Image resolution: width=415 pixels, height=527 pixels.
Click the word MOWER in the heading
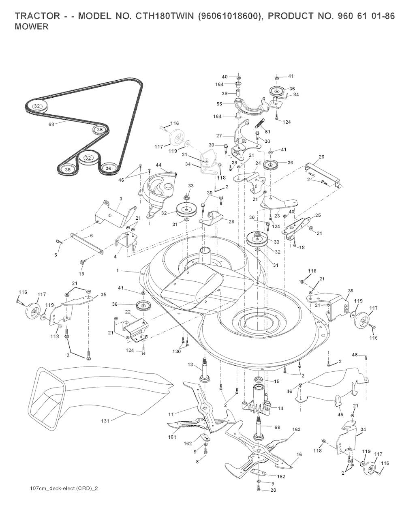click(x=32, y=26)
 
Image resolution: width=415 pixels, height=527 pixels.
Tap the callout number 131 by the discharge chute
click(x=105, y=421)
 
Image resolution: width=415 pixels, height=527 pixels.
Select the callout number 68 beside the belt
click(x=51, y=124)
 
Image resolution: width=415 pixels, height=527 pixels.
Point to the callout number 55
click(x=219, y=104)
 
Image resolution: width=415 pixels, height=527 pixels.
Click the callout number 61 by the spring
click(x=267, y=132)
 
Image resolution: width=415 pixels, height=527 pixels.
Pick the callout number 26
click(x=321, y=157)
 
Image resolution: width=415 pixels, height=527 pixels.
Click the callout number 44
click(x=158, y=165)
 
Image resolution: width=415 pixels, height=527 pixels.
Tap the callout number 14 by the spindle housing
click(x=280, y=408)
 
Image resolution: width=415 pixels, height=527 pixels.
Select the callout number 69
click(x=278, y=427)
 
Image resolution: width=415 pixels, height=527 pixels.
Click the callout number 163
click(x=296, y=429)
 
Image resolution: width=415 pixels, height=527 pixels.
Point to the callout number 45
click(x=340, y=414)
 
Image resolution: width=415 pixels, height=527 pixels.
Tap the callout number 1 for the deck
click(x=118, y=270)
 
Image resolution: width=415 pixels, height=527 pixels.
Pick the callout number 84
click(x=296, y=94)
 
